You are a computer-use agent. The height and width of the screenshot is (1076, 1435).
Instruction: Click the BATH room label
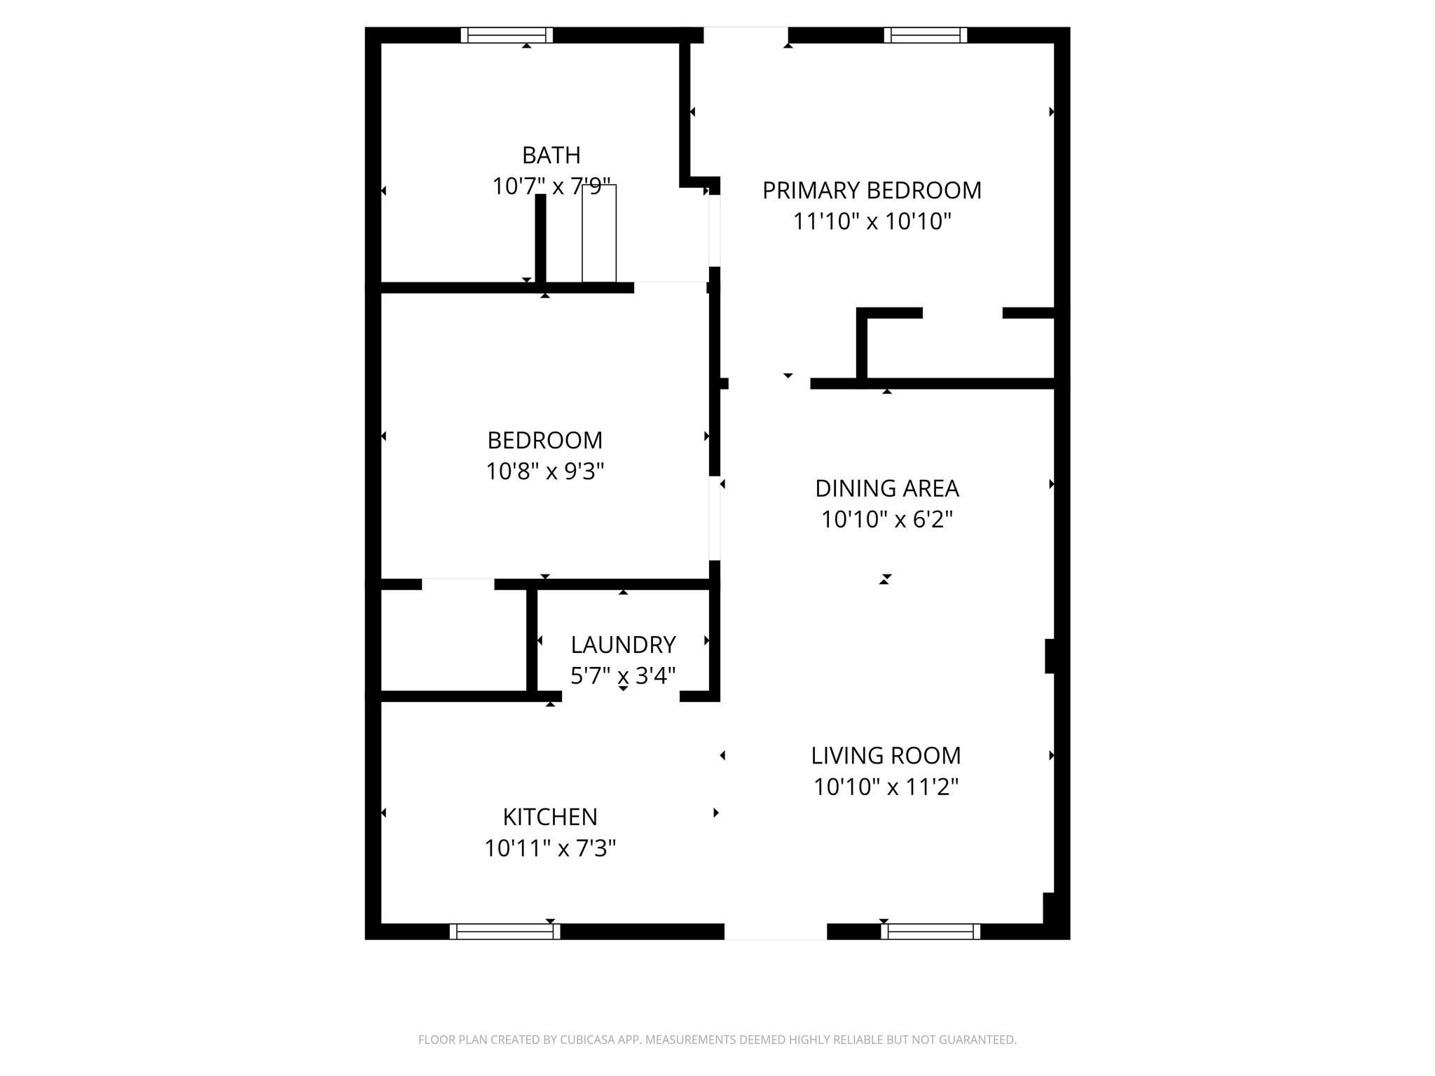(x=551, y=155)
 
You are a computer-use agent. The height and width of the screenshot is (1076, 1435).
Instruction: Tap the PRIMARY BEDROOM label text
(x=872, y=191)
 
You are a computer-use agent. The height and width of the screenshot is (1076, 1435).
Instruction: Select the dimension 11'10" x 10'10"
(x=872, y=221)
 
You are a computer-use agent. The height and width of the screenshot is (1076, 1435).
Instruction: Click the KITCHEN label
(x=550, y=817)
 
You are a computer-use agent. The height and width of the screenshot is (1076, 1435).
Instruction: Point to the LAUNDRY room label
(x=623, y=644)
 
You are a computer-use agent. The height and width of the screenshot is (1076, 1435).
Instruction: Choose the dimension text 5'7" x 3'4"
(x=623, y=675)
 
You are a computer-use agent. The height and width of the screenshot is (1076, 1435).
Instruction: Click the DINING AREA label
(x=887, y=488)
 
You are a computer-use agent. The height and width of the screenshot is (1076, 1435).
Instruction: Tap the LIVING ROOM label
(x=886, y=756)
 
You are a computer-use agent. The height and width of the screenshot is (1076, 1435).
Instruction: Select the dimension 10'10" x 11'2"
(x=886, y=787)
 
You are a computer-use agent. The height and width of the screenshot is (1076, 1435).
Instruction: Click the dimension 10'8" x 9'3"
(x=545, y=471)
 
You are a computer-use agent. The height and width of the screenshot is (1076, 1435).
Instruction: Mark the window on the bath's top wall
(x=507, y=35)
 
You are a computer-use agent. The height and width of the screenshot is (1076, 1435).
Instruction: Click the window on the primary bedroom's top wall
(x=926, y=35)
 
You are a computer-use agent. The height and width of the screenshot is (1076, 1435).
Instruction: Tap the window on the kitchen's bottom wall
(x=504, y=932)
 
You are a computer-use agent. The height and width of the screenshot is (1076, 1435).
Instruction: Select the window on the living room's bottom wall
(x=931, y=932)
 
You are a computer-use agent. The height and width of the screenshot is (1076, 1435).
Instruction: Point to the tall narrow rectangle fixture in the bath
(x=599, y=233)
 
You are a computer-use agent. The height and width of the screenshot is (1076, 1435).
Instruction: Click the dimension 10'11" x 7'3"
(x=550, y=848)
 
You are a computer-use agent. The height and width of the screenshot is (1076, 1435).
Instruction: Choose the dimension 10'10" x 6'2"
(x=887, y=520)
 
